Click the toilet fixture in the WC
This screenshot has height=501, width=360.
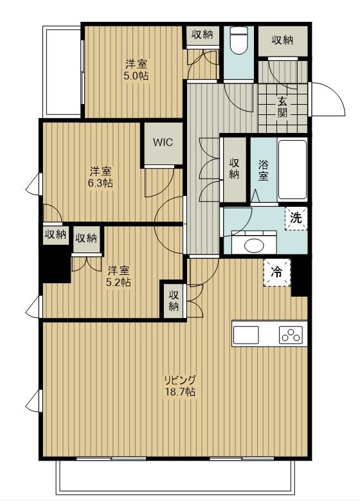pos(239,40)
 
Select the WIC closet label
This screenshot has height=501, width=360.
pos(163,142)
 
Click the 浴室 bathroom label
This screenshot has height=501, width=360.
pos(263,170)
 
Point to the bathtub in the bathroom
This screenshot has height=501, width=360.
pos(292,170)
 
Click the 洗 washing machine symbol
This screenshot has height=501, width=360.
pos(296,218)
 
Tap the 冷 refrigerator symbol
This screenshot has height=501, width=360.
pos(277,272)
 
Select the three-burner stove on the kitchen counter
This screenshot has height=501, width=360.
pos(291,335)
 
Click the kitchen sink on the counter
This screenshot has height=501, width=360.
pos(246,335)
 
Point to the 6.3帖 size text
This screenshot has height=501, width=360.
pos(101,183)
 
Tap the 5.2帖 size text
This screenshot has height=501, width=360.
pos(119,282)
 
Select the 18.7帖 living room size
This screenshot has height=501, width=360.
pos(180,392)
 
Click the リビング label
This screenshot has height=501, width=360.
pos(180,380)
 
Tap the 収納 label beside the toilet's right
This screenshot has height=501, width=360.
pos(283,40)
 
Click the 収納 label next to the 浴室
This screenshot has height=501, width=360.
pos(235,169)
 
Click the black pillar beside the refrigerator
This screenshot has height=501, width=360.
pos(300,276)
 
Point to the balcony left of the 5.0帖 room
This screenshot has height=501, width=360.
pos(62,72)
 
